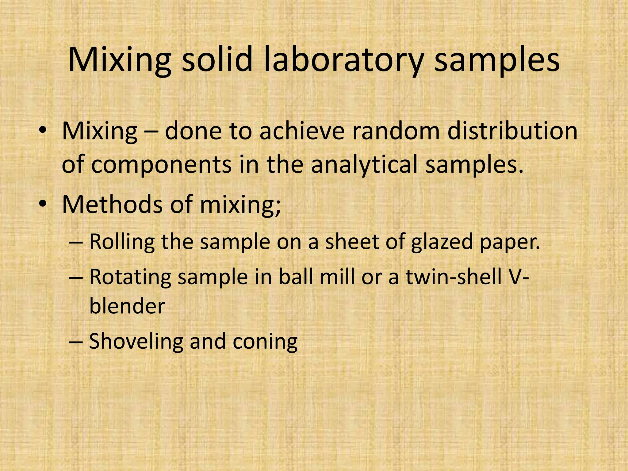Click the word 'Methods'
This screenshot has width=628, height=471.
(112, 205)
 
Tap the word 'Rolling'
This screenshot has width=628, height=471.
(122, 242)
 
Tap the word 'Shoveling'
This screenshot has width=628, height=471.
(136, 341)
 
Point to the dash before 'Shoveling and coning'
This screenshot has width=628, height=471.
(75, 341)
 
